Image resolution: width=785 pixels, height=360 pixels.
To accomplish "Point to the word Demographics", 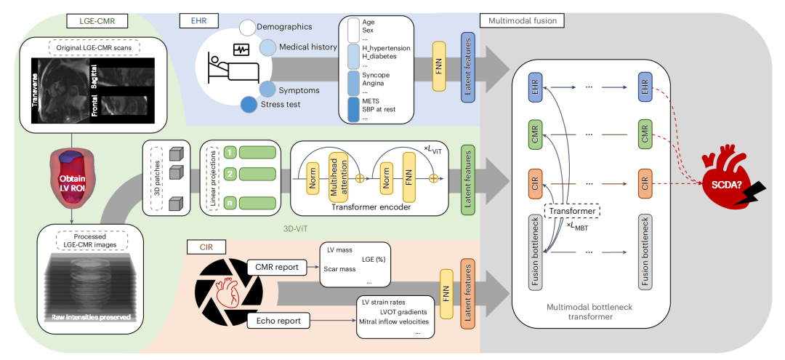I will [x=284, y=27].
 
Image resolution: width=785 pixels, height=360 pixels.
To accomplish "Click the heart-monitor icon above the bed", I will [x=241, y=49].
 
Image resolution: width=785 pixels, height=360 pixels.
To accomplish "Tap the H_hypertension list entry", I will [x=386, y=48].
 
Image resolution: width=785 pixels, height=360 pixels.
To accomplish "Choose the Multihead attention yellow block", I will [x=332, y=177].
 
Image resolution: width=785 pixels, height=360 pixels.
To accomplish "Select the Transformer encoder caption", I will [x=361, y=207].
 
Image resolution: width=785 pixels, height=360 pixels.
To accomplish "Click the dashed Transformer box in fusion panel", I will [x=573, y=211].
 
